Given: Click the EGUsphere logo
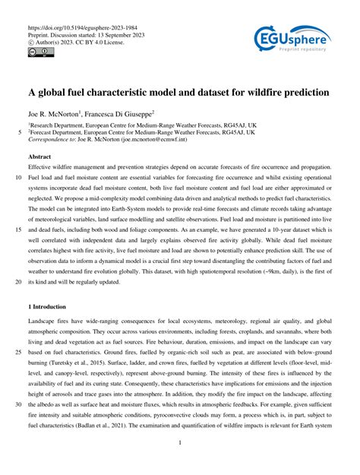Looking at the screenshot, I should coord(292,36).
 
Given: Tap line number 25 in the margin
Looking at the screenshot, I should coord(16,353).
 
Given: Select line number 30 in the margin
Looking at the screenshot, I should coord(16,405).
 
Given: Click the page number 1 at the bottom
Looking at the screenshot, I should coord(179,443).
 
